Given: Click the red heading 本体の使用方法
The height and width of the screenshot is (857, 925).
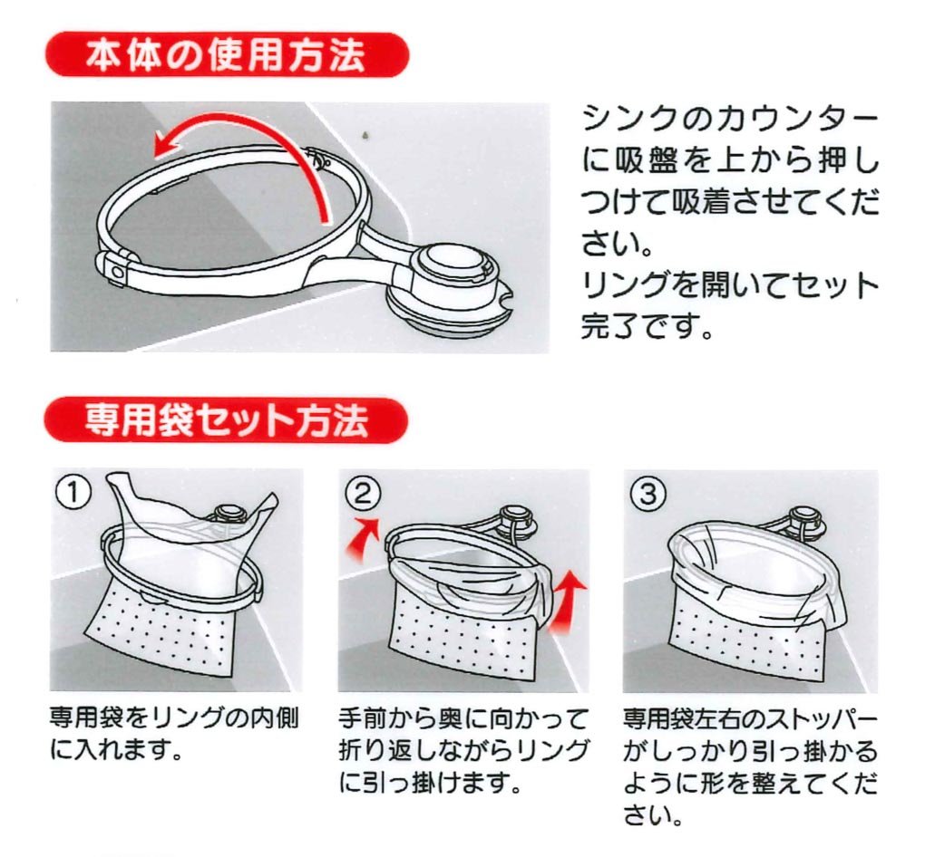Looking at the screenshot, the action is (227, 55).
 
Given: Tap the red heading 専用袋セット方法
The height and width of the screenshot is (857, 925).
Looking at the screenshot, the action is (227, 419).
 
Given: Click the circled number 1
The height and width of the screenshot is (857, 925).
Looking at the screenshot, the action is (73, 493).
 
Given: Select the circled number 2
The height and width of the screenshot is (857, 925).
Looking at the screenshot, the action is (362, 493).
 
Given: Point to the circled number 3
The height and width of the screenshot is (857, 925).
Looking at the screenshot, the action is (649, 493).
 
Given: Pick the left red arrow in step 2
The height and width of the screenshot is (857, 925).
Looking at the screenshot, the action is (363, 539).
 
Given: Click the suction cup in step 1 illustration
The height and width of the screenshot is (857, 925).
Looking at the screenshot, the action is (226, 513).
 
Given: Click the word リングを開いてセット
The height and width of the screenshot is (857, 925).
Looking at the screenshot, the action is (730, 284).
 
